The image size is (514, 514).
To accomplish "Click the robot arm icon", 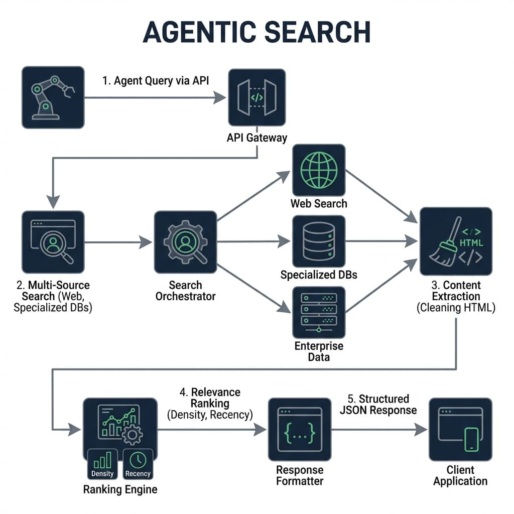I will pos(53,97).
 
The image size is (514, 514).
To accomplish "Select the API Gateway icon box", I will pos(256,97).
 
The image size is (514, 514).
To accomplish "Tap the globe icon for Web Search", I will pos(319,170).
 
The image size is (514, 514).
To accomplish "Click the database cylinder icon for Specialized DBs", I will pos(319,241).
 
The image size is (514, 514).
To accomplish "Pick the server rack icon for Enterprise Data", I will pos(319,312).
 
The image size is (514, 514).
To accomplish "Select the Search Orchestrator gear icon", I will pos(185,242).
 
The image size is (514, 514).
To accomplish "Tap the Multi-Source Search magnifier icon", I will pos(53,242).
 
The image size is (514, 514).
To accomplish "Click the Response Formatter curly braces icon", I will pos(299,429).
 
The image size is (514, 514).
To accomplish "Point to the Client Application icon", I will pos(460,429).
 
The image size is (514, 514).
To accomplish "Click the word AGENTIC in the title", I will pos(202,33).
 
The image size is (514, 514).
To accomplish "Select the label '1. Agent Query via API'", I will pos(155,81).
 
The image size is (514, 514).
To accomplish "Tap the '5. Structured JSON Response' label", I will pos(378,404).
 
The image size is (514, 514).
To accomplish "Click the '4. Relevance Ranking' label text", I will pos(210,398).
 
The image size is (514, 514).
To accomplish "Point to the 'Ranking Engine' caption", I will pos(120,489).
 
